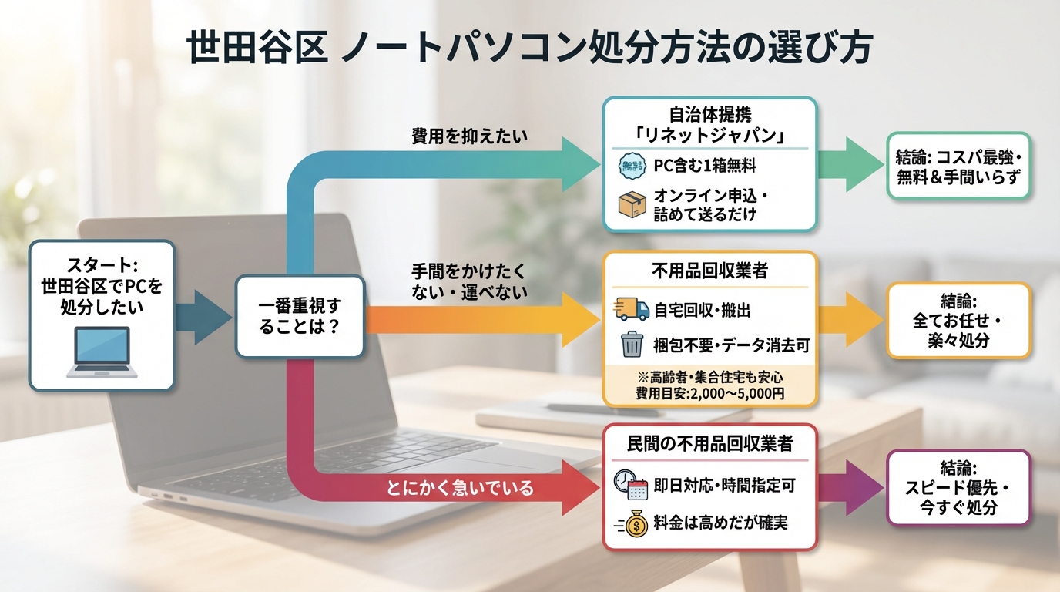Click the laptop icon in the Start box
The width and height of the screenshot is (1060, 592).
[x=102, y=352]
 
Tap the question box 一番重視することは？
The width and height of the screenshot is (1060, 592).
[x=299, y=316]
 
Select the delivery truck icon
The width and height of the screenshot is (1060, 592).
[x=632, y=309]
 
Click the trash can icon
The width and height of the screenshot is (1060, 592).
[x=632, y=345]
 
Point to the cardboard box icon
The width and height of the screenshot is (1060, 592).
[x=632, y=204]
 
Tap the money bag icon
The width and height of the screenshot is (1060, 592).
[x=633, y=524]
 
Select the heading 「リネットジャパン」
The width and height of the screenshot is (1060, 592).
[x=709, y=137]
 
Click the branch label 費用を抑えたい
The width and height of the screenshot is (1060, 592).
[x=470, y=137]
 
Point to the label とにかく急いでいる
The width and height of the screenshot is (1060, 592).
[x=460, y=488]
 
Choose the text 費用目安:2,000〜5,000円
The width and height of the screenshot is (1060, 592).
[x=709, y=393]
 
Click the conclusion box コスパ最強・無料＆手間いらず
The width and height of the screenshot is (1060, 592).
[x=958, y=166]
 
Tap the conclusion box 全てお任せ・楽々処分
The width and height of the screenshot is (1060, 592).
[x=958, y=320]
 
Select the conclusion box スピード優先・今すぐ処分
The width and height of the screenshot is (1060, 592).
[x=958, y=488]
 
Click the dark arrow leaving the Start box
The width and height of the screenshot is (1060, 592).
[x=202, y=316]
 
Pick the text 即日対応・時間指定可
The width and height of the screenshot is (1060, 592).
[x=724, y=485]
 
